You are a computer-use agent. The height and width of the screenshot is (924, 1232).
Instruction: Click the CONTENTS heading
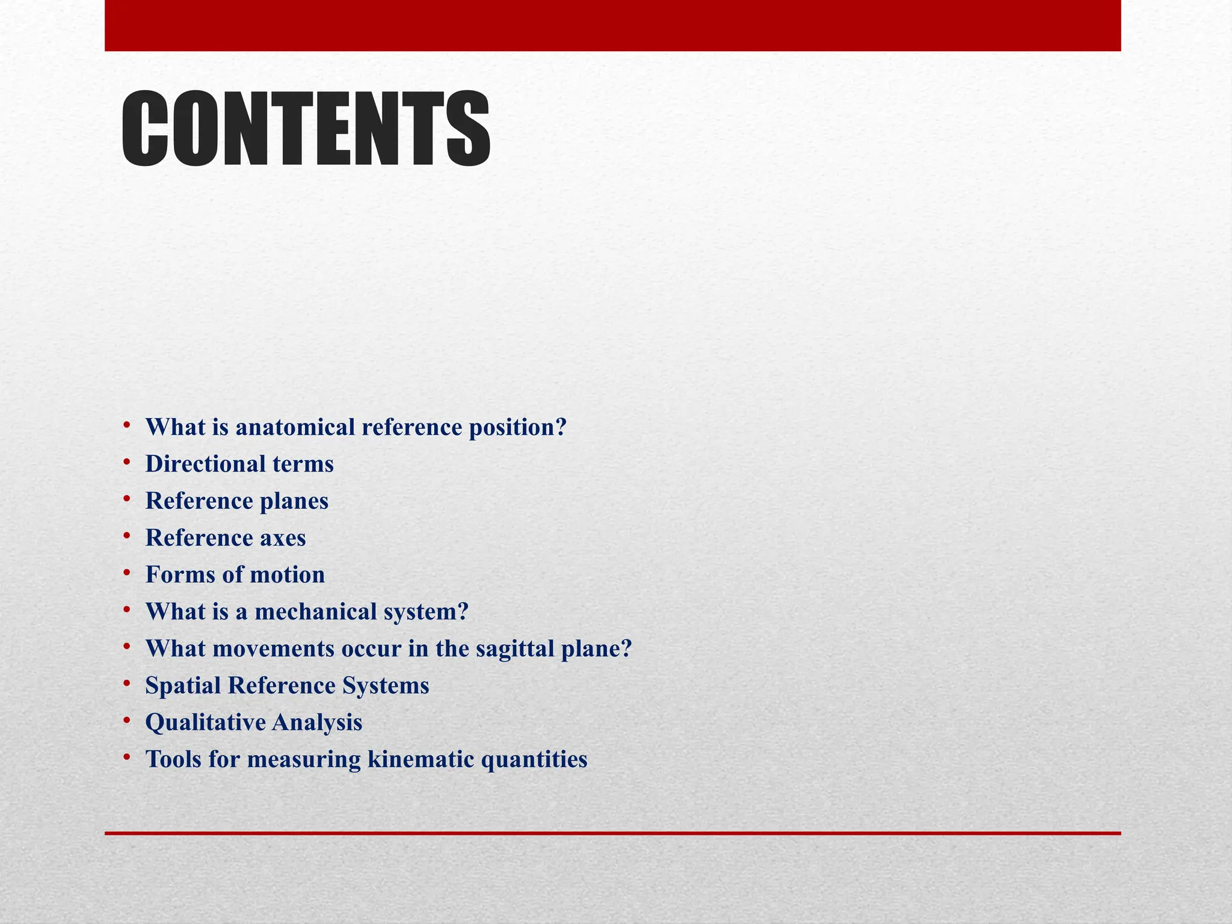tap(306, 129)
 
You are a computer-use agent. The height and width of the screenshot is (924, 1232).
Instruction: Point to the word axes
tap(283, 538)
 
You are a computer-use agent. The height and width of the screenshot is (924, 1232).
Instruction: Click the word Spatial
tap(183, 686)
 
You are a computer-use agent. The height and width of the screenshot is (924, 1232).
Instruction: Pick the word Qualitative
tap(205, 722)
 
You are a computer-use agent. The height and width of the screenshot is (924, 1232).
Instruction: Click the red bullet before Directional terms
tap(127, 463)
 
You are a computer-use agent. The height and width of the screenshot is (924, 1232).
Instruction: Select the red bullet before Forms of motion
tap(127, 573)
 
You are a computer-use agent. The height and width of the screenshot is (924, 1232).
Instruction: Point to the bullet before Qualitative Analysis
tap(127, 720)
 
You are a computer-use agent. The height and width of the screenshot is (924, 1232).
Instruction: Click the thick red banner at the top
tap(612, 25)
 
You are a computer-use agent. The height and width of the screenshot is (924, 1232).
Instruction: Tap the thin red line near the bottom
tap(612, 833)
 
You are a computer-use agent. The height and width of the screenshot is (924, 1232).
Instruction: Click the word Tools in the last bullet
tap(173, 760)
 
